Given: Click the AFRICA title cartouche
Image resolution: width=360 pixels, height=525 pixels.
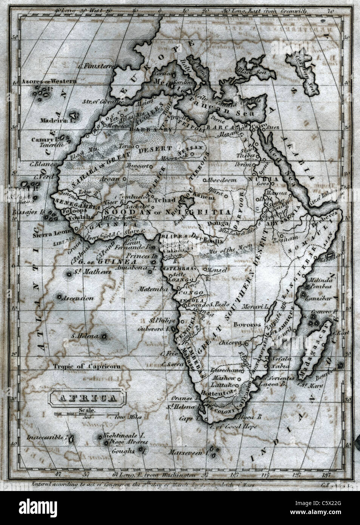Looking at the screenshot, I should (87, 398).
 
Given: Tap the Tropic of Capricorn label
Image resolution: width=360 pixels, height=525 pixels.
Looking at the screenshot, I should (87, 366).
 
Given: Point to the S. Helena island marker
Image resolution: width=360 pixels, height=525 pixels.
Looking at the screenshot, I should (103, 336).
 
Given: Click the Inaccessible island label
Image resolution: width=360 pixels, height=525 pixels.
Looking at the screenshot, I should (45, 437).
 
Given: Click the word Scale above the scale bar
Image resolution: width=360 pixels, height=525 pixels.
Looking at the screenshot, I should (87, 410).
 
